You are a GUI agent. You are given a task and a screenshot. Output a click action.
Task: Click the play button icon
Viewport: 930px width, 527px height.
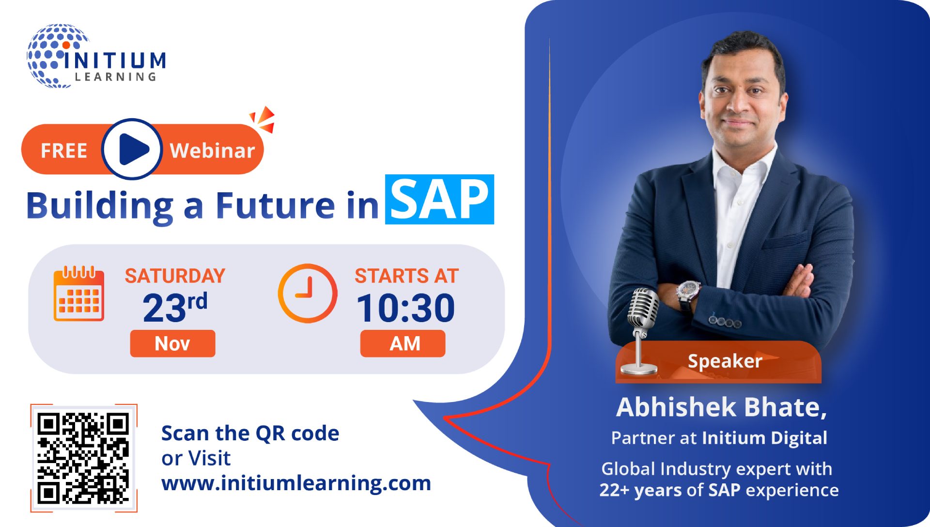(132, 149)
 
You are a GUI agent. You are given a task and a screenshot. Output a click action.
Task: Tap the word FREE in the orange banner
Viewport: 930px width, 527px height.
(64, 151)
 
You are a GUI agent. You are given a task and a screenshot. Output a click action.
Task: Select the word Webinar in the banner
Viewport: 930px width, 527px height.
(212, 151)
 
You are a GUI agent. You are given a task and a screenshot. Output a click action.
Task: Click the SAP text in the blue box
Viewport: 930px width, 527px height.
(439, 200)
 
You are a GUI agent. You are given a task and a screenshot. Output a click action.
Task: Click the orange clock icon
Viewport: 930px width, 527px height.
(307, 294)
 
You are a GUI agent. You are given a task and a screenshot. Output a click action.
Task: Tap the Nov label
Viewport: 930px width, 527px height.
(172, 343)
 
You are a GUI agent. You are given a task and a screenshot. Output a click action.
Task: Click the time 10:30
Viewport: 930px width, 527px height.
(406, 308)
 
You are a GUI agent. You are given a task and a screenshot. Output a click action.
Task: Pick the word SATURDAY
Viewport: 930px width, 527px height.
(175, 276)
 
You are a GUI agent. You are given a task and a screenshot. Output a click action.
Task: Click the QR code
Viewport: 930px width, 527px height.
(84, 458)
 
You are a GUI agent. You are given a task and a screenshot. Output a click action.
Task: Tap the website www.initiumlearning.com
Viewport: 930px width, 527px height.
(296, 483)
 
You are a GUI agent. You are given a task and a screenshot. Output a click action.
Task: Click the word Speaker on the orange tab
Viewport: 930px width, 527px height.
(725, 361)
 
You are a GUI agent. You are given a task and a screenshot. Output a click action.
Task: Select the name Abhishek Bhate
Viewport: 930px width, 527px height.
(721, 407)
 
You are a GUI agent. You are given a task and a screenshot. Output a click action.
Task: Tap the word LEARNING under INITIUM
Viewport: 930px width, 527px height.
(115, 77)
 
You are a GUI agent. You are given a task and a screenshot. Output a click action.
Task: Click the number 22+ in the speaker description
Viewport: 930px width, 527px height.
(614, 490)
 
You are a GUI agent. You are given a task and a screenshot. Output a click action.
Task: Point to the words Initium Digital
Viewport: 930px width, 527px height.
(764, 438)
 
